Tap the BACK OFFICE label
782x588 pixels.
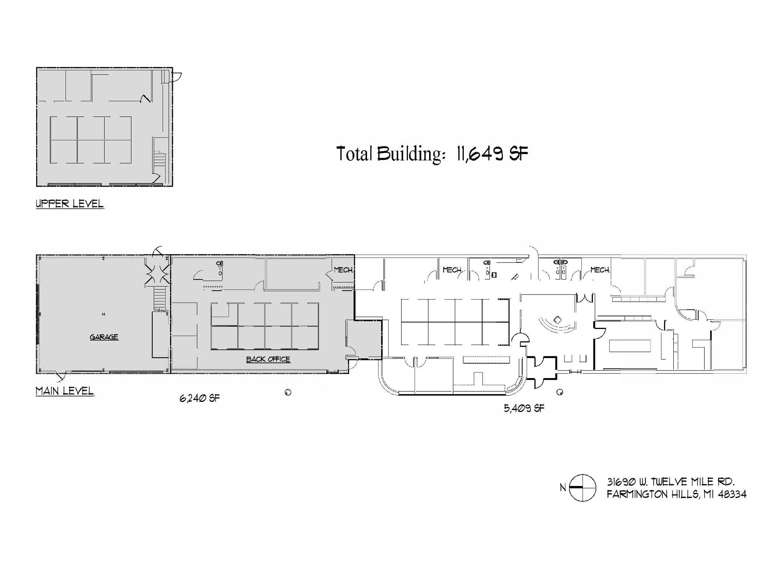coord(268,359)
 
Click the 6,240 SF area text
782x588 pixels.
coord(199,398)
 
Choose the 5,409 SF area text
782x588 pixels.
coord(524,408)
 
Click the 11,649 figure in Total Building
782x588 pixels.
coord(479,154)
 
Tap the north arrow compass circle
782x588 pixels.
coord(582,488)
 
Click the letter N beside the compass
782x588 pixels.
coord(563,488)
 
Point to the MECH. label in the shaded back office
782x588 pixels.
coord(343,270)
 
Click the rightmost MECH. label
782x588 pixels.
coord(600,270)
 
